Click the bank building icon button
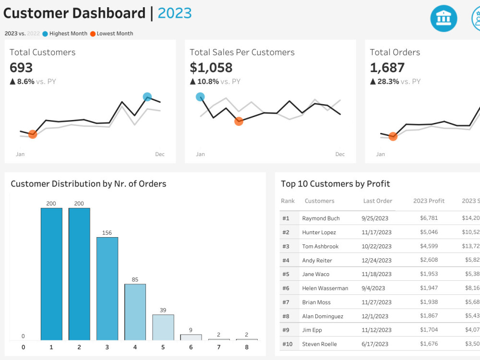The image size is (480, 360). (x=444, y=19)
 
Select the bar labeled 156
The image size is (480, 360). (x=107, y=288)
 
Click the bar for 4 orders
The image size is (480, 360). (x=135, y=312)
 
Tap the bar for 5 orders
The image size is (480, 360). (x=163, y=327)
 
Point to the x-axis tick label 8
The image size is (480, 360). (x=247, y=347)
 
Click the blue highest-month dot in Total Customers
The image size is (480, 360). (x=147, y=97)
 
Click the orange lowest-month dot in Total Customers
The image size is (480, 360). (x=33, y=134)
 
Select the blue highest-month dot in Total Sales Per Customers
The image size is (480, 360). (x=200, y=97)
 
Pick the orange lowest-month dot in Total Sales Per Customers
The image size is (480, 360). (x=239, y=121)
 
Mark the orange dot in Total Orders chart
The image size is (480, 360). (x=393, y=137)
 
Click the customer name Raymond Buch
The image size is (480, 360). (x=321, y=218)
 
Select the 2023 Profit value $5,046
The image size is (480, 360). (x=429, y=232)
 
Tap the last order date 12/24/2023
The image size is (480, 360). (x=376, y=260)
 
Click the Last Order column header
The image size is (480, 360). (x=378, y=201)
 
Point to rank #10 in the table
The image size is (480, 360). (x=287, y=344)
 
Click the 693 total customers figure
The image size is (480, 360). (x=21, y=68)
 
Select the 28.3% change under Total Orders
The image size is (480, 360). (x=388, y=82)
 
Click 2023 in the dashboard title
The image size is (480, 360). (x=175, y=13)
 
